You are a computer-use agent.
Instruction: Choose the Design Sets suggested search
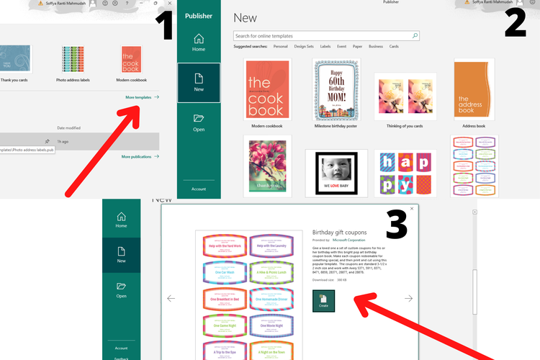304,47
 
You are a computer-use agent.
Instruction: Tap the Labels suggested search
325,47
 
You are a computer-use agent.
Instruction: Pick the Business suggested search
376,47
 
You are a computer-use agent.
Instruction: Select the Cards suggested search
395,47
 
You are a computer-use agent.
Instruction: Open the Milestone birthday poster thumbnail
336,90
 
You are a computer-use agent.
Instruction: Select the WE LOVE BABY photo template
336,173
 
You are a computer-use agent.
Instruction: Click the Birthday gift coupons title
339,233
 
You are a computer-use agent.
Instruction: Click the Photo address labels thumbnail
73,61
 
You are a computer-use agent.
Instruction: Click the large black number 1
164,25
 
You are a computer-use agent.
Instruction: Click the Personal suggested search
281,47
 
